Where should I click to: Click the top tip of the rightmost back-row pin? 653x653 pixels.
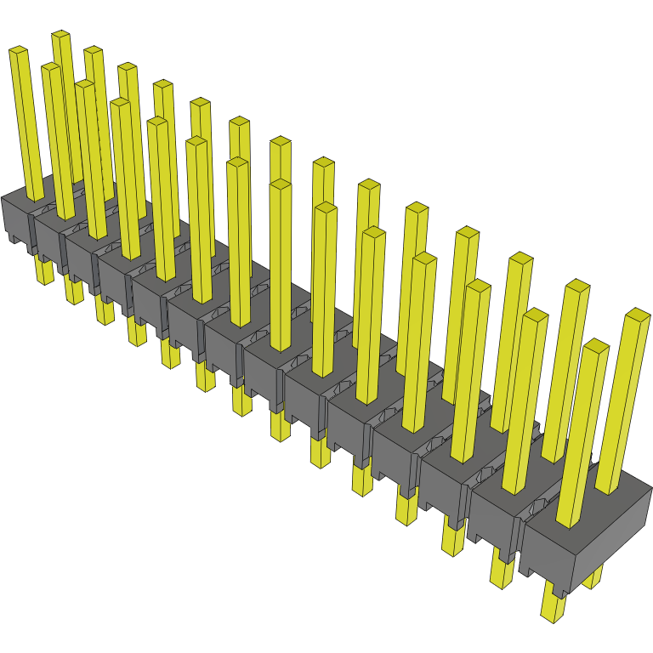tap(638, 315)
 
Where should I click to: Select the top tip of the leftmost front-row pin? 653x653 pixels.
tap(19, 52)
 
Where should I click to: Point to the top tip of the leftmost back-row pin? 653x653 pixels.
tap(61, 37)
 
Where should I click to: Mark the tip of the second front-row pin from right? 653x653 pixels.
tap(535, 315)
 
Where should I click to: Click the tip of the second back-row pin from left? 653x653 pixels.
tap(94, 52)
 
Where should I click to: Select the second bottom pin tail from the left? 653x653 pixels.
tap(74, 290)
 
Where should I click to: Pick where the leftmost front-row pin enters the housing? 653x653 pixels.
tap(35, 197)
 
